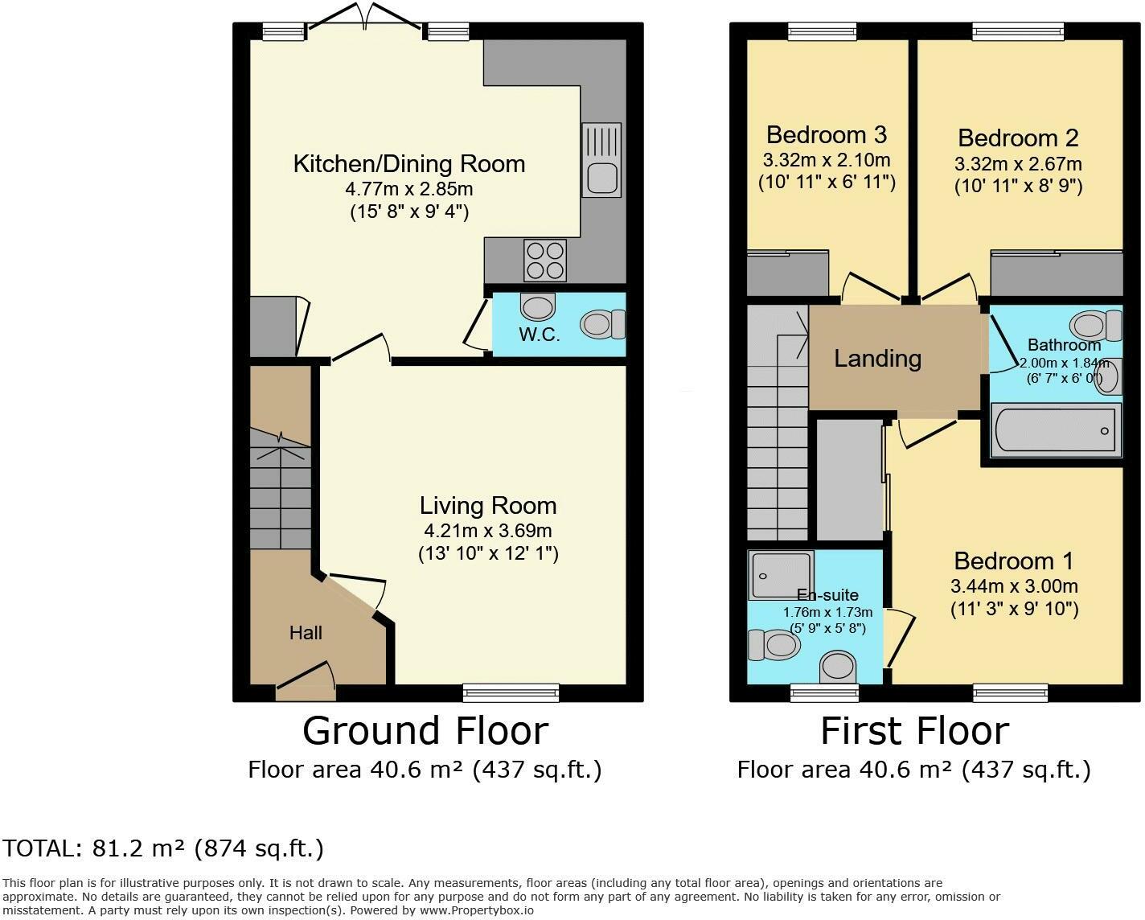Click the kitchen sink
click(x=601, y=159)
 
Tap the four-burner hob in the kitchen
click(x=545, y=261)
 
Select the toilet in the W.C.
click(x=602, y=324)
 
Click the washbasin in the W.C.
click(x=538, y=306)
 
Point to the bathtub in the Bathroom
click(x=1056, y=430)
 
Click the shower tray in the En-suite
click(x=781, y=575)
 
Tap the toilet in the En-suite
click(x=774, y=646)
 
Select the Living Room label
click(x=488, y=506)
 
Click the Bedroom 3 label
click(x=827, y=134)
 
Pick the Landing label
click(x=877, y=359)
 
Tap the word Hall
click(x=306, y=633)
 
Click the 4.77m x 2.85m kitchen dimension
click(x=408, y=189)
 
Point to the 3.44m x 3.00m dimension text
click(x=1014, y=585)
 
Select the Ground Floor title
click(x=425, y=731)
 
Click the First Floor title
click(x=914, y=731)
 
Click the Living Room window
click(x=511, y=692)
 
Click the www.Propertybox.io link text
click(x=477, y=910)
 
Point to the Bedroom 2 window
click(x=1019, y=31)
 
